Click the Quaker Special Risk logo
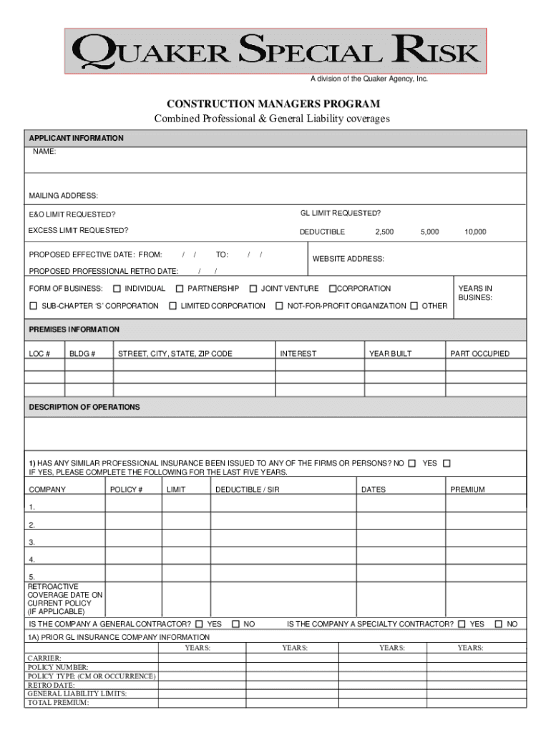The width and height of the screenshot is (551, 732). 275,51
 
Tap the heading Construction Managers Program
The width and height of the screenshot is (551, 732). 274,104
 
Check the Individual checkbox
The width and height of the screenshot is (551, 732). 117,290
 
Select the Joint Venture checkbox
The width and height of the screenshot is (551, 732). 253,290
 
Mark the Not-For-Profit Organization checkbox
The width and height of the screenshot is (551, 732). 280,306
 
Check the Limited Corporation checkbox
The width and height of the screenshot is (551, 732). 173,306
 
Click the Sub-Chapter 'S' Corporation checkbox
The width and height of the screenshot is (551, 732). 33,306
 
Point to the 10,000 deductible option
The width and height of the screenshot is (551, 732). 475,232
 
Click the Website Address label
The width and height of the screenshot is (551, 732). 348,259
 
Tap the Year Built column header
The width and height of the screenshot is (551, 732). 390,354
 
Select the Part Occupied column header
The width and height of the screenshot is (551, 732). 479,354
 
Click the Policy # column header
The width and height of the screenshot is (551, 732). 127,490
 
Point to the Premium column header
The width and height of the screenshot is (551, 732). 467,490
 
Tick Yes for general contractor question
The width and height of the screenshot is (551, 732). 199,625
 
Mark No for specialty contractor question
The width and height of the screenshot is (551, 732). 499,625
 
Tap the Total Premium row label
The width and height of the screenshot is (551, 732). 58,703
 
